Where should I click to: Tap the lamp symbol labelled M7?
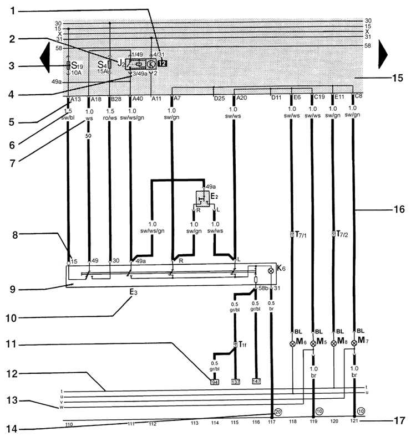point(354,342)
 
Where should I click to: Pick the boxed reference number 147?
point(256,381)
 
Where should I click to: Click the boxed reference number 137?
point(236,381)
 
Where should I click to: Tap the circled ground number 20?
point(278,412)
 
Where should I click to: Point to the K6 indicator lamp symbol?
point(271,271)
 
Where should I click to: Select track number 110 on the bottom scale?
point(69,424)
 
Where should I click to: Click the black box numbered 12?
point(161,63)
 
